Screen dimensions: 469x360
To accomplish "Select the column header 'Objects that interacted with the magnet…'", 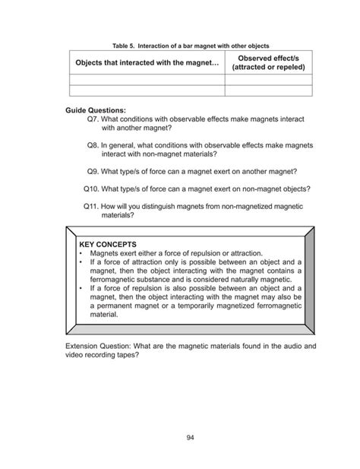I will tap(146, 61).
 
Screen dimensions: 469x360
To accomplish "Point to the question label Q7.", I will tap(93, 119).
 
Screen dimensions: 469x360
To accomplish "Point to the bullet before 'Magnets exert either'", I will tap(81, 254).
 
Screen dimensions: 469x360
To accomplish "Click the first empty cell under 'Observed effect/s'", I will tap(268, 79).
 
